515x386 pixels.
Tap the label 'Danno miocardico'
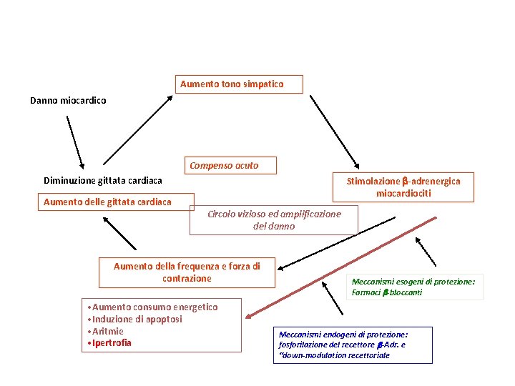68,101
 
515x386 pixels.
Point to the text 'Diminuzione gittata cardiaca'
103,180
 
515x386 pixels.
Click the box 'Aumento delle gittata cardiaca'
107,202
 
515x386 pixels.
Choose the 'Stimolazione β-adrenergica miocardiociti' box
403,187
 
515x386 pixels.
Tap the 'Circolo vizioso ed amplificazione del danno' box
273,220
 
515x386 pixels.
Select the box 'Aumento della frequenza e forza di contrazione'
187,272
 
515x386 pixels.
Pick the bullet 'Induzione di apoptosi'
136,320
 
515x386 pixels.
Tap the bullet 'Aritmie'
106,332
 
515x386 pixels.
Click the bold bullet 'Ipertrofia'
110,344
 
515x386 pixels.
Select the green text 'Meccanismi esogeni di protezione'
413,282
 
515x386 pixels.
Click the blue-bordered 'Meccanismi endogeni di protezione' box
353,345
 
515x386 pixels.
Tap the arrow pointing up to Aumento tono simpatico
137,130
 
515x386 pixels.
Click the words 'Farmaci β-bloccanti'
386,292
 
